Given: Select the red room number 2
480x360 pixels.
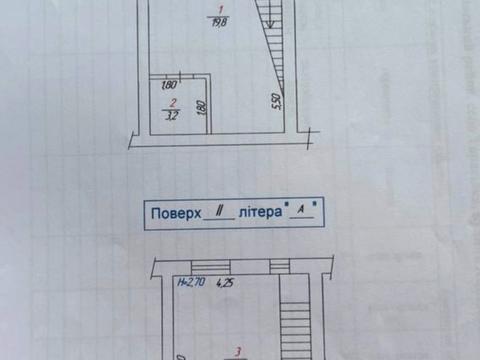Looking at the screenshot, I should coord(172,102).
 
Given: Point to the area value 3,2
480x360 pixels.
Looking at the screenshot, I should coord(172,115).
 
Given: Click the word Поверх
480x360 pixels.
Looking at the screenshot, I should coord(175,212).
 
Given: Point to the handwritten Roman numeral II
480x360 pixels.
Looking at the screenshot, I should coord(217,211).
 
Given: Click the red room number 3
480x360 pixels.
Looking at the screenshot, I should coord(236,350).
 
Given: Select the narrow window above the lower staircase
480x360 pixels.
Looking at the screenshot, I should coord(284,268).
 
